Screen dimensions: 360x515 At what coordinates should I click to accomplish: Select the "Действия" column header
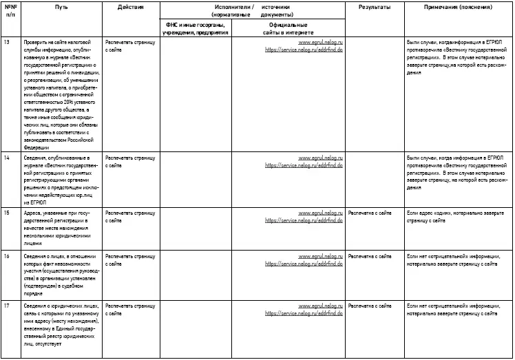[x=130, y=6]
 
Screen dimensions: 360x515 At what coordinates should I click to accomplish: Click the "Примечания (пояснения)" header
[x=458, y=6]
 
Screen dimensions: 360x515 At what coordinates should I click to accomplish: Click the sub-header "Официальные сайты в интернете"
[x=288, y=28]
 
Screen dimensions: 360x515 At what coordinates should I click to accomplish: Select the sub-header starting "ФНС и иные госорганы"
[x=194, y=28]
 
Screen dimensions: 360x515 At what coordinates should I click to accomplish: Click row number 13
[x=6, y=43]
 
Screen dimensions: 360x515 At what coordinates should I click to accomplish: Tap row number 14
[x=6, y=158]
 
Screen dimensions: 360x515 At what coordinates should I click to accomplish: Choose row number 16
[x=6, y=256]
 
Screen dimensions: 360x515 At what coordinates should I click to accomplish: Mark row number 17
[x=6, y=305]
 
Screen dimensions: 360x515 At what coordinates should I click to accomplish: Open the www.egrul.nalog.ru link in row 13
[x=320, y=43]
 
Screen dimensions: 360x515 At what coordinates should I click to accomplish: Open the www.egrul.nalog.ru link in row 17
[x=320, y=305]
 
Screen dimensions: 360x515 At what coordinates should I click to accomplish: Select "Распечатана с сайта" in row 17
[x=372, y=305]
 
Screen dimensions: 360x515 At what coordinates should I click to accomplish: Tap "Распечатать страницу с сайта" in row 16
[x=130, y=260]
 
